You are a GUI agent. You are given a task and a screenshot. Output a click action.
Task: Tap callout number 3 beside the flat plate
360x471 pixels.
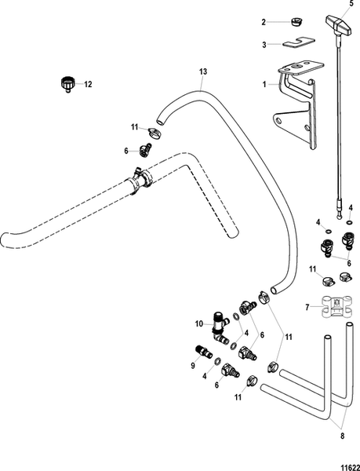[265, 45]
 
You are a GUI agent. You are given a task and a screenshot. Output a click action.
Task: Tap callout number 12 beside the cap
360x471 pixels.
[88, 83]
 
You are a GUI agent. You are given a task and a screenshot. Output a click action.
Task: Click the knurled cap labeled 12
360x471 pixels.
[67, 82]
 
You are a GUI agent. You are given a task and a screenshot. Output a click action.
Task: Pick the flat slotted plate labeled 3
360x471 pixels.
[299, 44]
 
